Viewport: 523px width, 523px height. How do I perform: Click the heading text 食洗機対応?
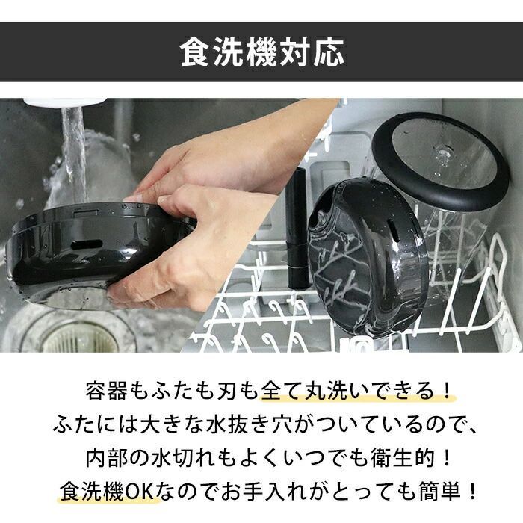tap(261, 52)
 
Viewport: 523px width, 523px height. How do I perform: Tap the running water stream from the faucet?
tap(73, 150)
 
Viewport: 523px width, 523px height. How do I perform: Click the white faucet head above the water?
tap(65, 102)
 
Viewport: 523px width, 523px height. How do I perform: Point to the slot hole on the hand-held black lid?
tap(87, 244)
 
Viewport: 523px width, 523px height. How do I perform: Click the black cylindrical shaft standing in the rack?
tap(297, 228)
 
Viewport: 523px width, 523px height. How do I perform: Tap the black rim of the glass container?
tap(440, 160)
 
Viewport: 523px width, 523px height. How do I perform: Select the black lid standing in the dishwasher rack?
tap(367, 258)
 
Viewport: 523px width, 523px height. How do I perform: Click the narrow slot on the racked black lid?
tap(394, 232)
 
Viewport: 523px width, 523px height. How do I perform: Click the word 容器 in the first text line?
tap(106, 391)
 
